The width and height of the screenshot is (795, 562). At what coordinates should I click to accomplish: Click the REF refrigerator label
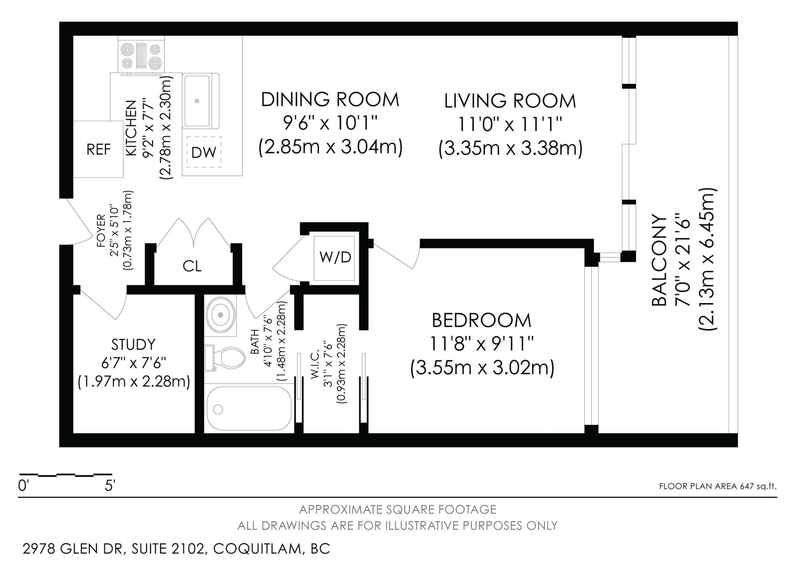pos(99,150)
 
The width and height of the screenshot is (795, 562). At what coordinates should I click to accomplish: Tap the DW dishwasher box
pos(204,153)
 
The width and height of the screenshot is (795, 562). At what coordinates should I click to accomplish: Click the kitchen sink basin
pos(197,101)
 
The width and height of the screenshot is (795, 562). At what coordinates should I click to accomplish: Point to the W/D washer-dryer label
pos(335,257)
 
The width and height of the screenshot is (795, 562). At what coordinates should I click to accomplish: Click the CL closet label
pos(192,266)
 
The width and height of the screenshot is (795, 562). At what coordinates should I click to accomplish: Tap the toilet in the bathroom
pos(225,358)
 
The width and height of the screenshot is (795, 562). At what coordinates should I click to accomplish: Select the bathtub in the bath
pos(249,408)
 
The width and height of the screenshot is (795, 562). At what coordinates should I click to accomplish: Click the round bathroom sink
pos(221,315)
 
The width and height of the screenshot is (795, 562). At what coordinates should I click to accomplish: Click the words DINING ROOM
pos(330,99)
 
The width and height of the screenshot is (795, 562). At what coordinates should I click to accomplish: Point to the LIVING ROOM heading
pos(510,101)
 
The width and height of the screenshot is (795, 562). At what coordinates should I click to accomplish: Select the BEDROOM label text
pos(481,321)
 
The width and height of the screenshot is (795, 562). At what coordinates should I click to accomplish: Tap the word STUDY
pos(134,344)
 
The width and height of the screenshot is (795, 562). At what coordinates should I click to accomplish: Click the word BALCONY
pos(660,260)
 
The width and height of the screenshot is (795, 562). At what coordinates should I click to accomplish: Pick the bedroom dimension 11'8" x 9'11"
pos(481,344)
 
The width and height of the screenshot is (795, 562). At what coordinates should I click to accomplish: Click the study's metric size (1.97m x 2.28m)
pos(134,382)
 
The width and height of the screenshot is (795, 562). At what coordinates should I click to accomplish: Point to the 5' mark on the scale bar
pos(110,485)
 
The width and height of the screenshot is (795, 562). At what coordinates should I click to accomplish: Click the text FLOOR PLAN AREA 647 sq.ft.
pos(717,486)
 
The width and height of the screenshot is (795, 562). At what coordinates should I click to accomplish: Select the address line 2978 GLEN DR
pos(74,549)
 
